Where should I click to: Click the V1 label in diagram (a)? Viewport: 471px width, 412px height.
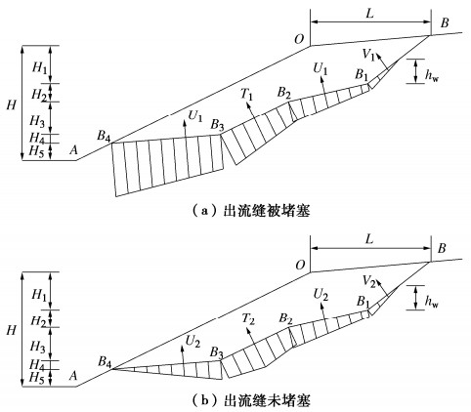pos(368,55)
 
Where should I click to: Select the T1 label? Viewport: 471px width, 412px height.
pos(246,95)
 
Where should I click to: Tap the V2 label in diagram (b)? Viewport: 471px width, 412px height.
pos(369,281)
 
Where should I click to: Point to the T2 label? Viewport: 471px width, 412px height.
pos(248,319)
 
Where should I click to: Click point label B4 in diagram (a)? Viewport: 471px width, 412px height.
pos(104,136)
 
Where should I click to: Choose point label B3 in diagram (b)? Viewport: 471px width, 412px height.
pos(217,352)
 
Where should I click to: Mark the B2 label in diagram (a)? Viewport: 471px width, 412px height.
pos(284,93)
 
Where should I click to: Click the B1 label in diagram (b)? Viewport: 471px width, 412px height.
pos(363,302)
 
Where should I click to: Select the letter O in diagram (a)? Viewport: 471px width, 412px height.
pos(299,39)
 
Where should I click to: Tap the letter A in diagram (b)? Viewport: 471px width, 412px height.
pos(73,376)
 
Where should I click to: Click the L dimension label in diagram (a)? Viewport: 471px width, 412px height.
pos(369,14)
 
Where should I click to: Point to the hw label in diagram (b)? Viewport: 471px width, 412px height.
pos(432,303)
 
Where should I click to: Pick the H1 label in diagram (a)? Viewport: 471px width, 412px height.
pos(39,68)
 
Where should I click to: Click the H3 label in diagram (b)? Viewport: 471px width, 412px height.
pos(37,347)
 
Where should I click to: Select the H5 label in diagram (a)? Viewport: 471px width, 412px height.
pos(36,151)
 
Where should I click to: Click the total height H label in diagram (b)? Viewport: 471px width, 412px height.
pos(11,331)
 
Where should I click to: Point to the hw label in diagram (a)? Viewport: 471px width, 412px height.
pos(432,76)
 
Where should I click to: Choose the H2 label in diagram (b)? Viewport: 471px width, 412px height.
pos(38,321)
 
